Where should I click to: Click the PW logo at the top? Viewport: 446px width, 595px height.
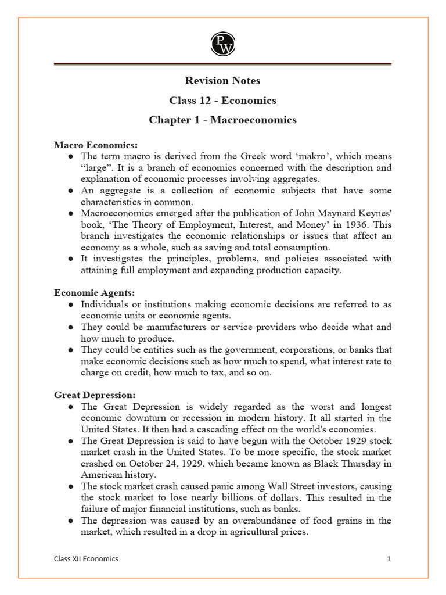click(222, 44)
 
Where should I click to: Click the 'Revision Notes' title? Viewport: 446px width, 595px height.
click(222, 81)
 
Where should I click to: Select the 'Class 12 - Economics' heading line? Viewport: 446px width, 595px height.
click(222, 101)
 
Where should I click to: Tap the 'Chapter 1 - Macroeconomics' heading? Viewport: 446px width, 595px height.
click(222, 120)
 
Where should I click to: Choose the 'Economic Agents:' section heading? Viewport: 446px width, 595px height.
click(94, 293)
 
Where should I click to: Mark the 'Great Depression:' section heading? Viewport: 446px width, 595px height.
click(95, 395)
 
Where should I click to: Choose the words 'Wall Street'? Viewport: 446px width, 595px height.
click(282, 486)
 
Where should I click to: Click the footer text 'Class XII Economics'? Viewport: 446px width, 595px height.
click(84, 558)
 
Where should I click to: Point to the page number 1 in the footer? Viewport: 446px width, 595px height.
click(389, 558)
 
